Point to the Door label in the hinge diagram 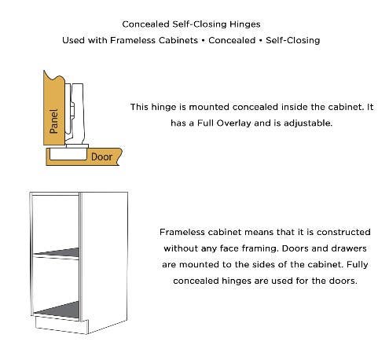click(101, 157)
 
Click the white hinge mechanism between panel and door click(77, 110)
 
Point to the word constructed click(338, 233)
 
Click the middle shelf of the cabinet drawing click(56, 255)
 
